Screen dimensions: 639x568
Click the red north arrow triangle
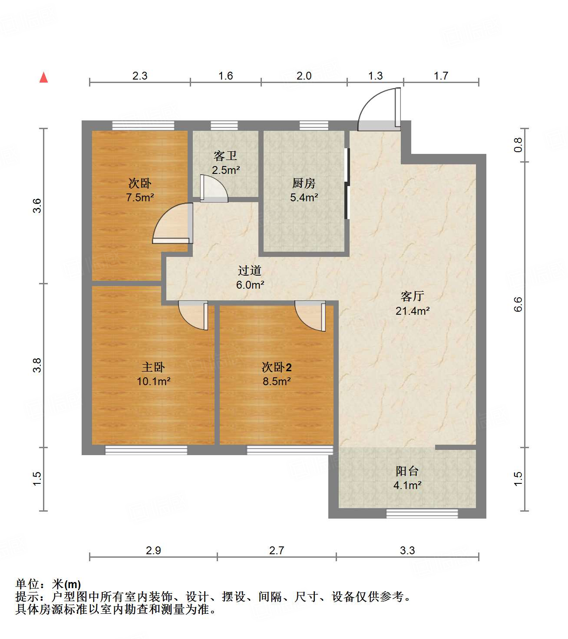(43, 78)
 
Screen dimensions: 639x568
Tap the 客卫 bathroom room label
(225, 156)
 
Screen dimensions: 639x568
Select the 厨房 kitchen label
(304, 183)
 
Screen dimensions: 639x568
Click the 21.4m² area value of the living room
(412, 311)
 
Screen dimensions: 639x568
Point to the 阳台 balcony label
(407, 471)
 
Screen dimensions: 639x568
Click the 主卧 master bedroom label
(153, 367)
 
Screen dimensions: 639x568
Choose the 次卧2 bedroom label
(276, 367)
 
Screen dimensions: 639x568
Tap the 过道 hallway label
(250, 271)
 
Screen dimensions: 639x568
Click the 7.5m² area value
(140, 198)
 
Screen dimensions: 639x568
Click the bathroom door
(214, 189)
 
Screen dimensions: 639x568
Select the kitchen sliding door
(347, 183)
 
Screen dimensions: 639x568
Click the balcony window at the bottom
(422, 514)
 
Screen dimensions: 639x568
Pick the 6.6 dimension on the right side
(518, 304)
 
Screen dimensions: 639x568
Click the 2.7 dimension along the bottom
(276, 551)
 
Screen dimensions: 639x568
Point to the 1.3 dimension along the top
(375, 76)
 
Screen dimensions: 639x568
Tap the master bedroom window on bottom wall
(146, 450)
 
